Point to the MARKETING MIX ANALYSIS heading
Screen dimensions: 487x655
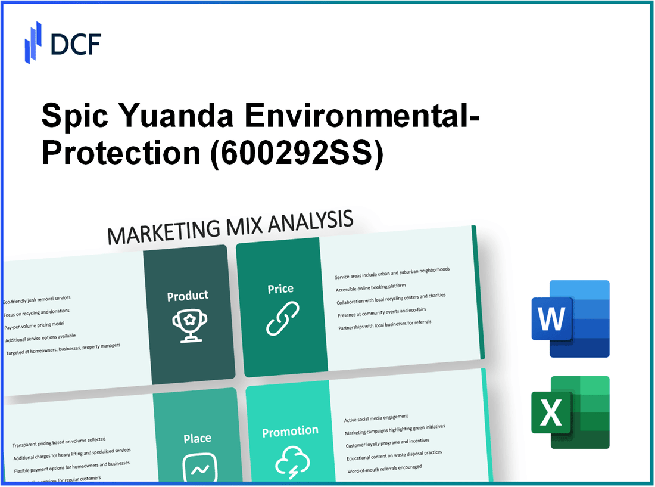click(230, 227)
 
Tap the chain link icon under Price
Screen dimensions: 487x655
click(282, 318)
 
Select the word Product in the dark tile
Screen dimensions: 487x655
click(188, 296)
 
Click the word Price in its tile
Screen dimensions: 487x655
click(280, 289)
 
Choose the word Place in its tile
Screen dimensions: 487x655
click(197, 439)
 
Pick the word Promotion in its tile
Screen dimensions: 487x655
click(290, 431)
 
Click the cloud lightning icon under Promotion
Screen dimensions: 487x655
click(291, 462)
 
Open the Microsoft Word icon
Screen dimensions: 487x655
click(570, 319)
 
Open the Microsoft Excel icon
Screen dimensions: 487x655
click(570, 412)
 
